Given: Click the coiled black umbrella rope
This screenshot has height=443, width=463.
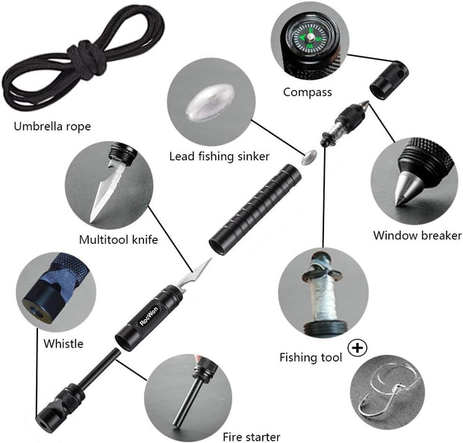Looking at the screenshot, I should pyautogui.click(x=71, y=63).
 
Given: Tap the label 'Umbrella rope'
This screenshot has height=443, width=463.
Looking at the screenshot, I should pyautogui.click(x=52, y=126).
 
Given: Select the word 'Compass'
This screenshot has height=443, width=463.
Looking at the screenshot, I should pyautogui.click(x=308, y=92).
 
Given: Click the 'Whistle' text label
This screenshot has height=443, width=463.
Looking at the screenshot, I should pyautogui.click(x=63, y=344).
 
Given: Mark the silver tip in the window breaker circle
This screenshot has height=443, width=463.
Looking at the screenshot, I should pyautogui.click(x=404, y=192).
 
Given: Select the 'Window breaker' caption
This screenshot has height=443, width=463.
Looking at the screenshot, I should pyautogui.click(x=417, y=236).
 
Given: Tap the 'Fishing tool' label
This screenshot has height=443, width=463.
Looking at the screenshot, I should pyautogui.click(x=311, y=358).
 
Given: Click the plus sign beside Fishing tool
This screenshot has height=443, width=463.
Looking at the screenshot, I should pyautogui.click(x=359, y=348).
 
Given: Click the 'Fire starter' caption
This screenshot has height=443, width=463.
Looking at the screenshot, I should pyautogui.click(x=251, y=436).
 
